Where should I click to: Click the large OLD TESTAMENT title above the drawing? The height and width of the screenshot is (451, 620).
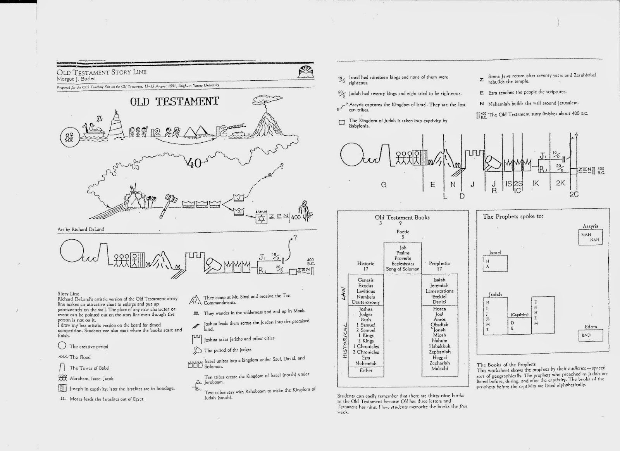pos(174,102)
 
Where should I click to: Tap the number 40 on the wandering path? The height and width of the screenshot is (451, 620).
pos(193,163)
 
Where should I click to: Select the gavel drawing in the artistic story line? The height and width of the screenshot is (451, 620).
pos(169,203)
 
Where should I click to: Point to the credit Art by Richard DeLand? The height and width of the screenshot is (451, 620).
pos(81,229)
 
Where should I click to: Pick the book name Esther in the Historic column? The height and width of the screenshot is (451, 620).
pos(366,370)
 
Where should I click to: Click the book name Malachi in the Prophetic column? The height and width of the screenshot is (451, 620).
pos(439,368)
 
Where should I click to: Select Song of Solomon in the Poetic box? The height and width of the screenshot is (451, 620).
pos(403,269)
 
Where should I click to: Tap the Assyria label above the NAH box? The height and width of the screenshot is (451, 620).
pos(590,226)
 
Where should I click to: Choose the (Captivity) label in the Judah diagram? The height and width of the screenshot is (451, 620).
pos(520,314)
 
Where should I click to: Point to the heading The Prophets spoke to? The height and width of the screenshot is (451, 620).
pos(513,216)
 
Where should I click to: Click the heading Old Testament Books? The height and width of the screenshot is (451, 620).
pos(402,218)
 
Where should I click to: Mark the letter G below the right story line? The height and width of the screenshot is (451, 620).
pos(384,185)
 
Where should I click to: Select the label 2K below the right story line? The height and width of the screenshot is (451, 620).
pos(560,183)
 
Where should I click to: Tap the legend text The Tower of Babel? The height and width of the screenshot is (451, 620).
pos(89,368)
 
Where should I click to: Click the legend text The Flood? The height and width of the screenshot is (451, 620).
pos(80,357)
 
